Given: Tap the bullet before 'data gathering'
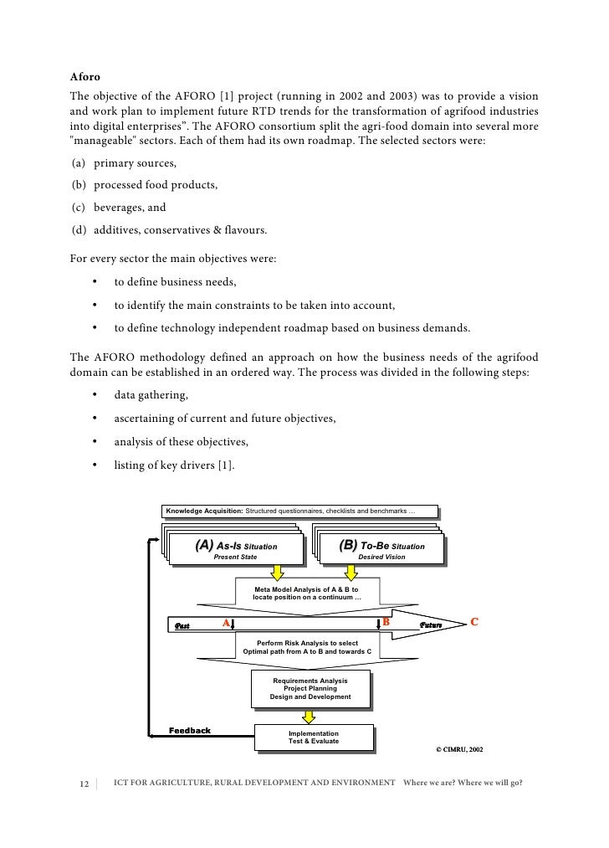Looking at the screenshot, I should [x=95, y=395].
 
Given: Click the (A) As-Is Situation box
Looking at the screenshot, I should [x=235, y=550].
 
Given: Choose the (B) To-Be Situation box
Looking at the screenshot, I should [x=380, y=550].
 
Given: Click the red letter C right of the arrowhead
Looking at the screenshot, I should [x=474, y=622].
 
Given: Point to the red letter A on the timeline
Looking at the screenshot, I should [x=224, y=623].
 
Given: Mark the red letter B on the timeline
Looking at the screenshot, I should [x=386, y=622].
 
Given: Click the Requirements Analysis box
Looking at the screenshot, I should [x=310, y=689].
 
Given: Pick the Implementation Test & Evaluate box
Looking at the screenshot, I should [x=314, y=737].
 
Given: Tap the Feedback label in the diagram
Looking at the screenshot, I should [x=190, y=730].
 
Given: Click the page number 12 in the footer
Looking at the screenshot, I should [x=84, y=784].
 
